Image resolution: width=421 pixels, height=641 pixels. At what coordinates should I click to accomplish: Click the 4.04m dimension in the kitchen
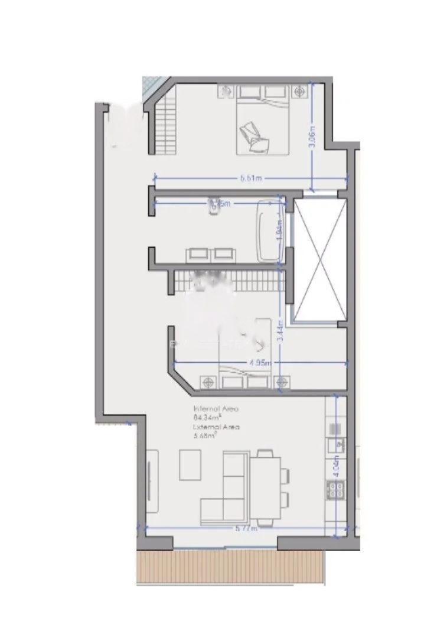(336, 466)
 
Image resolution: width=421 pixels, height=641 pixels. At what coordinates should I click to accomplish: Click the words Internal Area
(216, 408)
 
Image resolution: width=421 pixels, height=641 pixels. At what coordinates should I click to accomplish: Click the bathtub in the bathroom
(269, 230)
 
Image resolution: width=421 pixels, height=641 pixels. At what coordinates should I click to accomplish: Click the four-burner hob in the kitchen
(337, 490)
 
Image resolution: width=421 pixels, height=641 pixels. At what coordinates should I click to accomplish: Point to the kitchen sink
(338, 443)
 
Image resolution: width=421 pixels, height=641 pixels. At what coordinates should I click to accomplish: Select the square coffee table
(191, 465)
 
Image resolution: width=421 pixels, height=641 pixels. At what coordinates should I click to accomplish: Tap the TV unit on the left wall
(152, 481)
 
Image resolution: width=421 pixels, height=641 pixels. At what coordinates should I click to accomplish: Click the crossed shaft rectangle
(320, 260)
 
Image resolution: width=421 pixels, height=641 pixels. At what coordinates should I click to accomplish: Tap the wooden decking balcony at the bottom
(230, 567)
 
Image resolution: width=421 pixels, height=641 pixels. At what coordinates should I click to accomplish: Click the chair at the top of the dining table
(265, 454)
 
